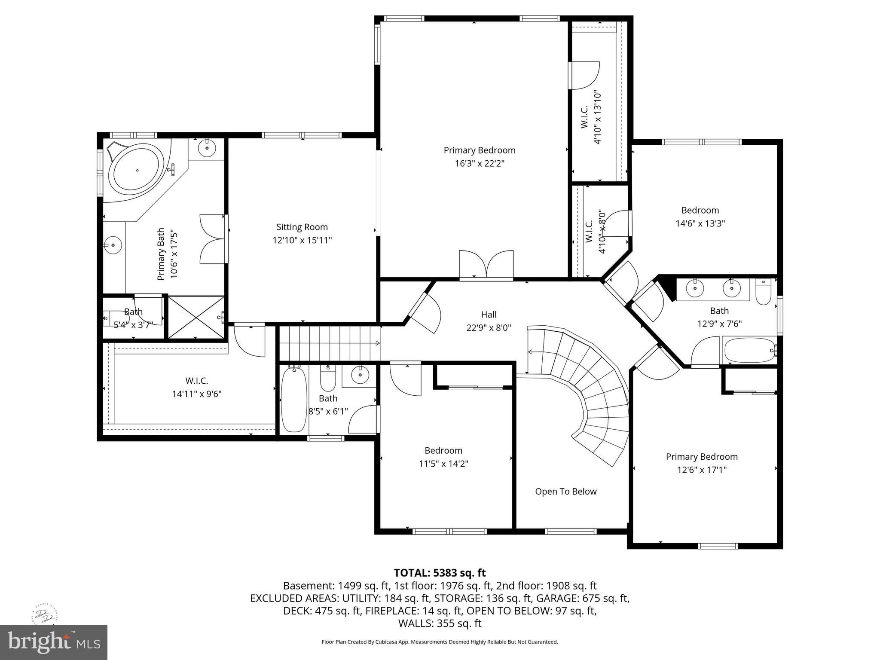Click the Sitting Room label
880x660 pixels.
click(302, 227)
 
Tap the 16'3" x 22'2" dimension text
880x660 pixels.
click(480, 163)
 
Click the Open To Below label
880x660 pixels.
click(565, 492)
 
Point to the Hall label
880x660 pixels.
click(489, 315)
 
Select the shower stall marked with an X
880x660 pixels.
click(196, 317)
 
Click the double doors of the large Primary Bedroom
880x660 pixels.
click(486, 265)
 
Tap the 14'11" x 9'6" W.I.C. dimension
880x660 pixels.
click(197, 394)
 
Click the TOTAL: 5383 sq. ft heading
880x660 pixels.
click(440, 573)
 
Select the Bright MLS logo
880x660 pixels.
click(53, 642)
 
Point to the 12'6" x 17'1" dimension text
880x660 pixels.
click(702, 470)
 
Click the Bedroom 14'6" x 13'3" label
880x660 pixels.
click(700, 211)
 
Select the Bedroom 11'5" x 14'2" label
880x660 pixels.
click(443, 451)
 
